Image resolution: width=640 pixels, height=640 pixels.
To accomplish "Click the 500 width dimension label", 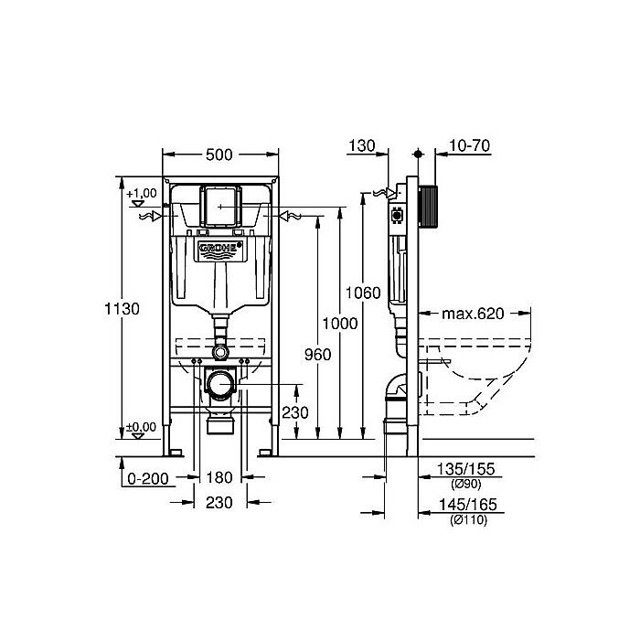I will (219, 155).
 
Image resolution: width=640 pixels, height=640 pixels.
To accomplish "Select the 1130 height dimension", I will (121, 309).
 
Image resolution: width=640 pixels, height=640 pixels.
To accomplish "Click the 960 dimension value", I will (316, 353).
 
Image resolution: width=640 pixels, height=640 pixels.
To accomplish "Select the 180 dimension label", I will (218, 477).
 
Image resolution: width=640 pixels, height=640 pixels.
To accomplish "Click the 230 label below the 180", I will (218, 502).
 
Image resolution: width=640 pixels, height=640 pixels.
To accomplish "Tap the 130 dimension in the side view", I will (363, 146).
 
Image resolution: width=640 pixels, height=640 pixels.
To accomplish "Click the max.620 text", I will (474, 314).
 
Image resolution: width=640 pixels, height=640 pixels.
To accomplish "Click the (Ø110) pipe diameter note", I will (468, 519).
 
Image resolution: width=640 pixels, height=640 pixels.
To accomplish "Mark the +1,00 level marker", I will (141, 194).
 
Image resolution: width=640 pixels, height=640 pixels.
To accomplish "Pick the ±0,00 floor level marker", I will (141, 427).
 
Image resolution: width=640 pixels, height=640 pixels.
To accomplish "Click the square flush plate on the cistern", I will (219, 207).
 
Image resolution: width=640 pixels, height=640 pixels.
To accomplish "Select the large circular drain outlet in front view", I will (219, 384).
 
